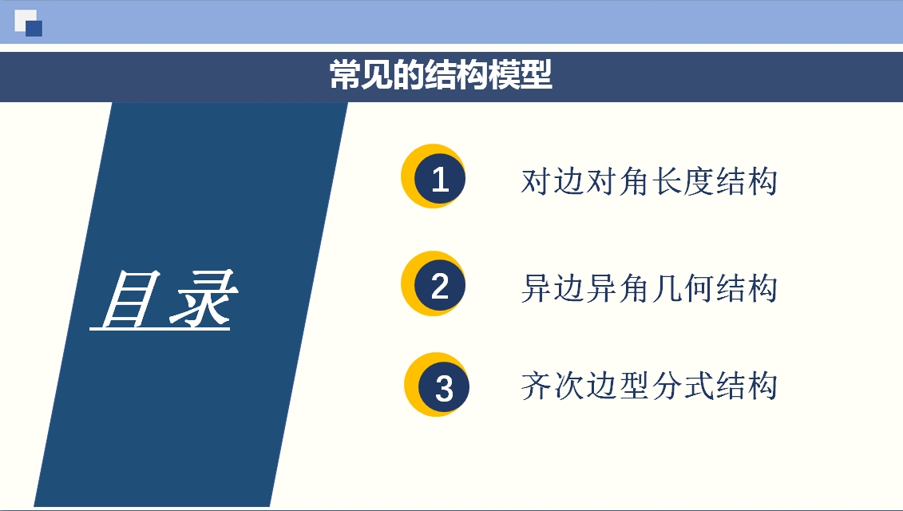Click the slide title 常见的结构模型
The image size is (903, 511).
(441, 75)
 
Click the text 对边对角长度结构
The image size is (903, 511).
(649, 181)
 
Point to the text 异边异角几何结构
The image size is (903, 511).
(649, 288)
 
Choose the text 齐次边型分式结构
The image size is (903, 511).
(649, 386)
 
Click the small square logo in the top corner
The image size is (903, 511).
(28, 23)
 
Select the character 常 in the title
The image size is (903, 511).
(346, 75)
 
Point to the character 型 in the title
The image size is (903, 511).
(537, 75)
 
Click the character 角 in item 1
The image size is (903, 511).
(633, 181)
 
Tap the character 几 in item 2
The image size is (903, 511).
(666, 288)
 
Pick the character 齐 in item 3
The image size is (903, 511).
(537, 386)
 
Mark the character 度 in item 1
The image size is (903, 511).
(698, 181)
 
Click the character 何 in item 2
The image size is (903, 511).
(698, 288)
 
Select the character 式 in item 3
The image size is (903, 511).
(698, 386)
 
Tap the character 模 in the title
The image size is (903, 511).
(505, 75)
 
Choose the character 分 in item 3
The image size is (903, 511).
(666, 386)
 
